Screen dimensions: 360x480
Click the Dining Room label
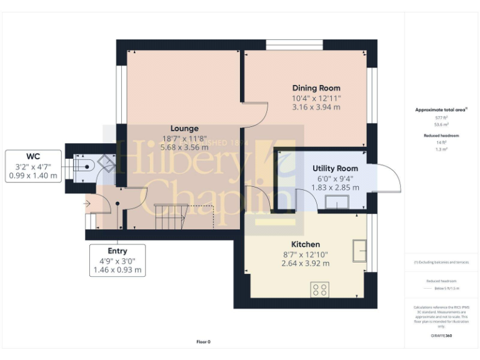tap(316, 88)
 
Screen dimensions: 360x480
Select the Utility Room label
tap(336, 168)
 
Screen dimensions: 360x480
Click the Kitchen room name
tap(306, 244)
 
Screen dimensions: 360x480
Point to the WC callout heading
tap(34, 156)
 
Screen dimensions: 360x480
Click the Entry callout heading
tap(117, 251)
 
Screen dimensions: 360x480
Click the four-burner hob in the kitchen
tap(320, 289)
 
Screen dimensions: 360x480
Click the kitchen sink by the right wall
tap(359, 250)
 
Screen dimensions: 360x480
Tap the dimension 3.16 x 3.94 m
tap(316, 107)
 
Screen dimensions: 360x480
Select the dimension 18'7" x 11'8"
tap(184, 139)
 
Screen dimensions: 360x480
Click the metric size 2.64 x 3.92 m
tap(306, 263)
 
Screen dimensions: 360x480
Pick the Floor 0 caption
tap(204, 342)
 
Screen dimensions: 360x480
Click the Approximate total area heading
tap(441, 110)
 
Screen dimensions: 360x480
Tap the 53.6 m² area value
tap(441, 124)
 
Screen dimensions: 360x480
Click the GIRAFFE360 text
tap(441, 336)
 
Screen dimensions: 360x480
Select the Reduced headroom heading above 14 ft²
tap(441, 136)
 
